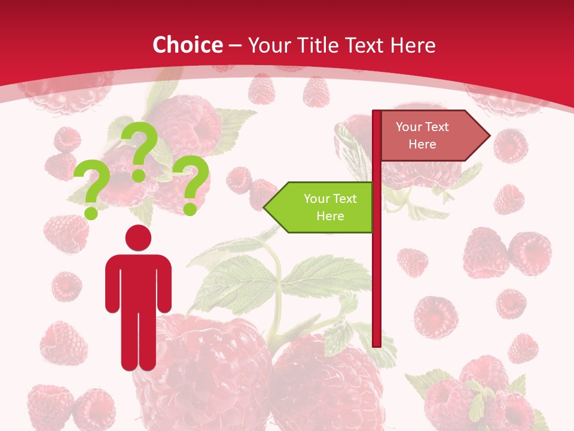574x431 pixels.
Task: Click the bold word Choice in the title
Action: (187, 45)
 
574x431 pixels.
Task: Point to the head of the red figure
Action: (138, 238)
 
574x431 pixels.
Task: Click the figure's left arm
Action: (112, 284)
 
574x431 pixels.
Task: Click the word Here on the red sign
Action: (422, 144)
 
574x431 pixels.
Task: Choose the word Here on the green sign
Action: (330, 216)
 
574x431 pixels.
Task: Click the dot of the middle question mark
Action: (139, 175)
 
